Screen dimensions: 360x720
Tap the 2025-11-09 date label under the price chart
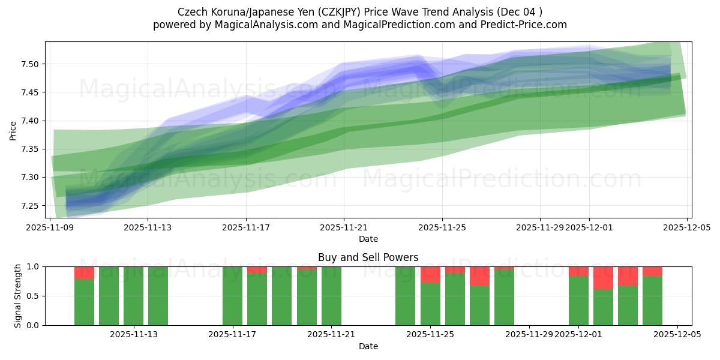pos(50,228)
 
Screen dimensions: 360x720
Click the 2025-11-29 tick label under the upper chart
pos(539,228)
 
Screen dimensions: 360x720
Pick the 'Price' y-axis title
pos(13,130)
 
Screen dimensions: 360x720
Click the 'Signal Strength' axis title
pos(17,296)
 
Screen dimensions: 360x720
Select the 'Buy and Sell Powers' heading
pos(368,257)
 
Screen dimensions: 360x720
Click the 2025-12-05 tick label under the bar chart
pos(677,335)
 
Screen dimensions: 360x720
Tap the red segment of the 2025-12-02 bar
pos(603,278)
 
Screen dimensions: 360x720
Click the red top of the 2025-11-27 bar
pos(479,276)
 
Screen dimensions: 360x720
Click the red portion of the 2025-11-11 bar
pos(84,273)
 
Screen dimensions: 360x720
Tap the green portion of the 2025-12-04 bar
pos(652,301)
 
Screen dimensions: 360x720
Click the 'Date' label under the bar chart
pos(368,346)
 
